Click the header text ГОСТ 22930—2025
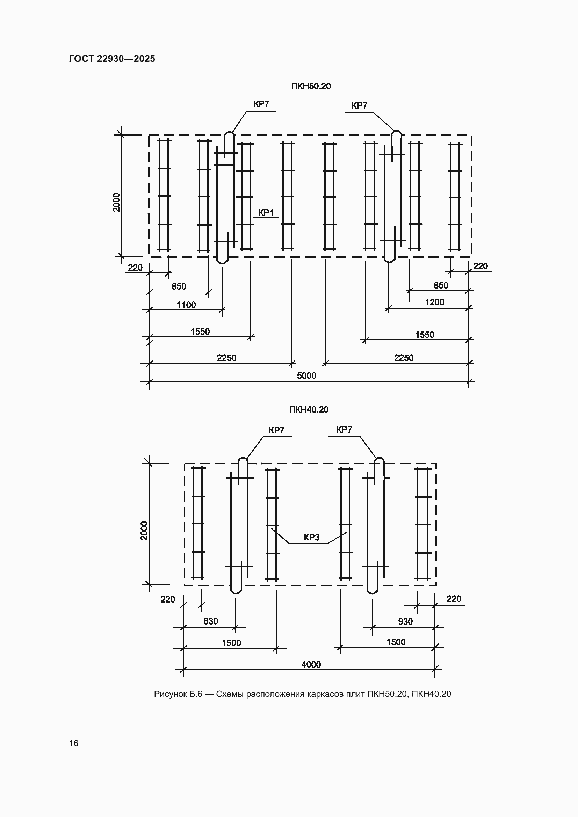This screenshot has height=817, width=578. pos(112,59)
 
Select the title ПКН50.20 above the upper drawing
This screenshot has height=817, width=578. pos(311,87)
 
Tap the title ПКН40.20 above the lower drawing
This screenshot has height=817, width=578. pos(309,410)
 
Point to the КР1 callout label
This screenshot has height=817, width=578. pos(266,213)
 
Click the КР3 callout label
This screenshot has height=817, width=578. pos(311,538)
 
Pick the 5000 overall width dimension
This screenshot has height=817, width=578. pos(306,376)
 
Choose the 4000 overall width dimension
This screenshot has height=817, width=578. pos(311,665)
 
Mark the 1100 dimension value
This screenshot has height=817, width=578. pos(186,305)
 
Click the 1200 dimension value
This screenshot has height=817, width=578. pos(435,302)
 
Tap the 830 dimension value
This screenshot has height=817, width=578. pos(211,621)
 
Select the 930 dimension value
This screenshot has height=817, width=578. pos(405,622)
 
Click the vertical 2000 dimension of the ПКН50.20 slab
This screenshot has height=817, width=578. pos(117,203)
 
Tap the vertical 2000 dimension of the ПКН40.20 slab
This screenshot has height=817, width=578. pos(144,531)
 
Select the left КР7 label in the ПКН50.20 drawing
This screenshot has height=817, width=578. pos(261,104)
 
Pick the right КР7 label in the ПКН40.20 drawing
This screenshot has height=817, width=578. pos(344,430)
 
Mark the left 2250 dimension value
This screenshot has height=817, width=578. pos(227,358)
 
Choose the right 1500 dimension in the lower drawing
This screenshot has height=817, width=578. pos(396,642)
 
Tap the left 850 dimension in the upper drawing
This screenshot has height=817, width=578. pos(179,286)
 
